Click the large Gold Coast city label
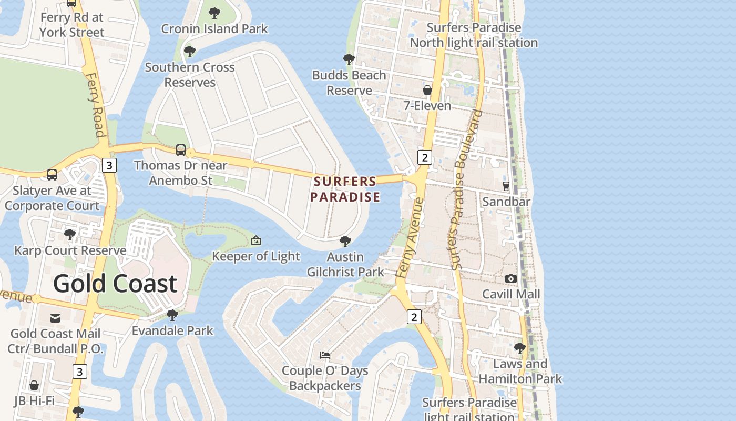click(115, 284)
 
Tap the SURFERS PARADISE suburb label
click(345, 189)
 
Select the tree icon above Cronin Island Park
click(214, 13)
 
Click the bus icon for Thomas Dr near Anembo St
click(181, 150)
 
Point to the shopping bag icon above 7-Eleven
click(427, 90)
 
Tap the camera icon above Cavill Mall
click(510, 278)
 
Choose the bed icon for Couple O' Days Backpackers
click(325, 355)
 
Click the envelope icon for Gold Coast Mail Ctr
click(55, 318)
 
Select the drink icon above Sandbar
click(506, 186)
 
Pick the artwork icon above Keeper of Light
click(256, 240)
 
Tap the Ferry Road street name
click(95, 105)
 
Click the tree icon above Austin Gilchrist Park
click(345, 242)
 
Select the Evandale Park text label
click(172, 330)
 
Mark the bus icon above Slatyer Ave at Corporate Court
click(52, 175)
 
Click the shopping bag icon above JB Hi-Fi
click(34, 385)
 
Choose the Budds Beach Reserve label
click(349, 83)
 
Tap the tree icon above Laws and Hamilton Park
click(520, 348)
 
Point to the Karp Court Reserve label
click(70, 250)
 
